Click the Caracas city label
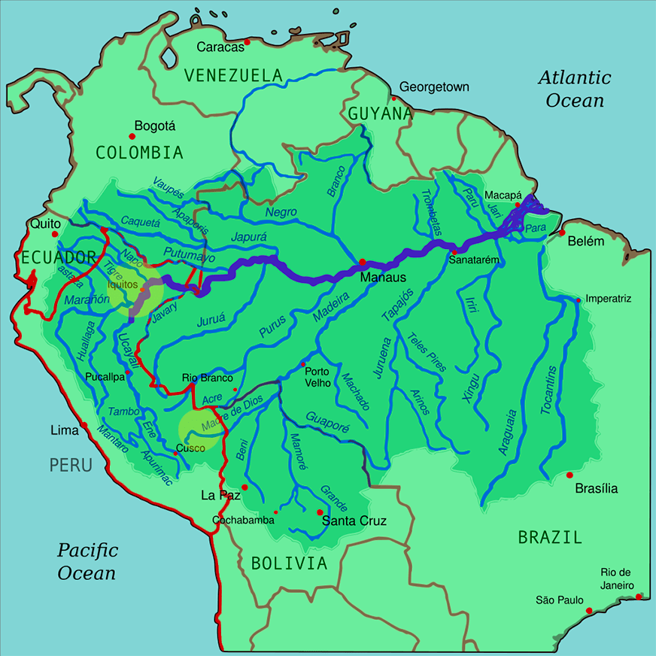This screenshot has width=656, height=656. click(x=221, y=47)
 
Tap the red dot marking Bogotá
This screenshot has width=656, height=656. click(x=132, y=136)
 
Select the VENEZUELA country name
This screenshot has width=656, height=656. click(x=233, y=75)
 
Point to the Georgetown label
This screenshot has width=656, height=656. click(x=434, y=87)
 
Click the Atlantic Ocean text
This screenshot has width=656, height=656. click(x=575, y=89)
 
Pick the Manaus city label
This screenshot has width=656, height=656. click(x=383, y=277)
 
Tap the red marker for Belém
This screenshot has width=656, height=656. click(x=562, y=232)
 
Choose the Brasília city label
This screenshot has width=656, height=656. click(x=596, y=488)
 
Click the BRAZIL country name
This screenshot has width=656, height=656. click(x=550, y=537)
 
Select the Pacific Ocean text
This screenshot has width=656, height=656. click(x=87, y=561)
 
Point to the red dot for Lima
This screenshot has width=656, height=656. click(x=85, y=425)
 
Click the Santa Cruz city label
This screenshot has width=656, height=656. click(x=354, y=521)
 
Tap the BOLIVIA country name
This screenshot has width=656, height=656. click(x=290, y=563)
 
